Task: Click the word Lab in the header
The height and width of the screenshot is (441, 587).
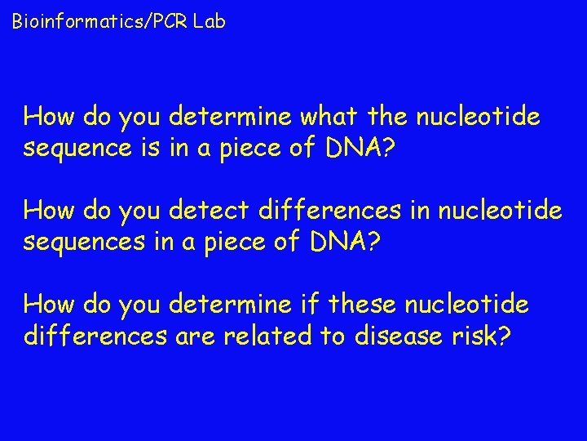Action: (210, 22)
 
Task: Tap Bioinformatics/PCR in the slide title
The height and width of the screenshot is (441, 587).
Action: (101, 22)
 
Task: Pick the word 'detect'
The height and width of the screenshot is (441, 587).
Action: (209, 211)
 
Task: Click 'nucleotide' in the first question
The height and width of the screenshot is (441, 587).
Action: (478, 118)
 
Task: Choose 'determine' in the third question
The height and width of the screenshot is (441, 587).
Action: (231, 305)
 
